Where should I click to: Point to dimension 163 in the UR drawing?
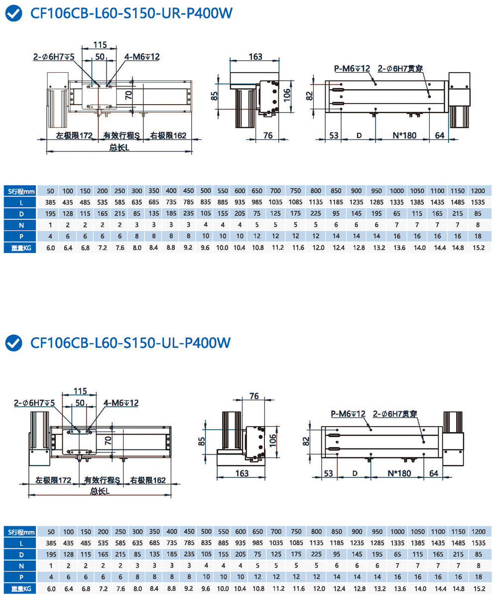click(255, 57)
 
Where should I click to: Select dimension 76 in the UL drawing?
click(254, 396)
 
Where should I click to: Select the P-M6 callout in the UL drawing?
click(348, 414)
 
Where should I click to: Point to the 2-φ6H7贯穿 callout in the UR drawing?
click(400, 68)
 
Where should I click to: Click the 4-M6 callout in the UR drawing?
click(142, 57)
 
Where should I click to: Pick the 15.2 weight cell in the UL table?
click(478, 589)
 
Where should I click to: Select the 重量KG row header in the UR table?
click(20, 248)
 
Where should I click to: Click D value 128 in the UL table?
click(69, 555)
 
